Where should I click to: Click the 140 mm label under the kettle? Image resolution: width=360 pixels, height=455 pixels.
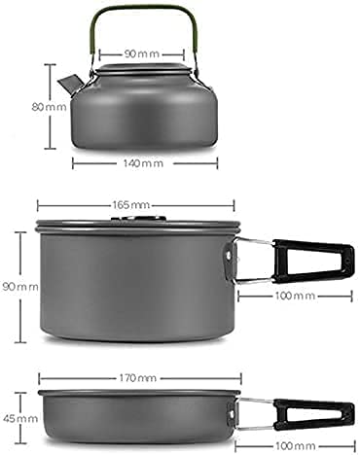coord(143,163)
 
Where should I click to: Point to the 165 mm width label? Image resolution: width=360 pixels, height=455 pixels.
coord(136,205)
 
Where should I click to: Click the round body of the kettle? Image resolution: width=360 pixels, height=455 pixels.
coord(143,112)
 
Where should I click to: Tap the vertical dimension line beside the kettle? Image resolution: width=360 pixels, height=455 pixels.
coord(51,107)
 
